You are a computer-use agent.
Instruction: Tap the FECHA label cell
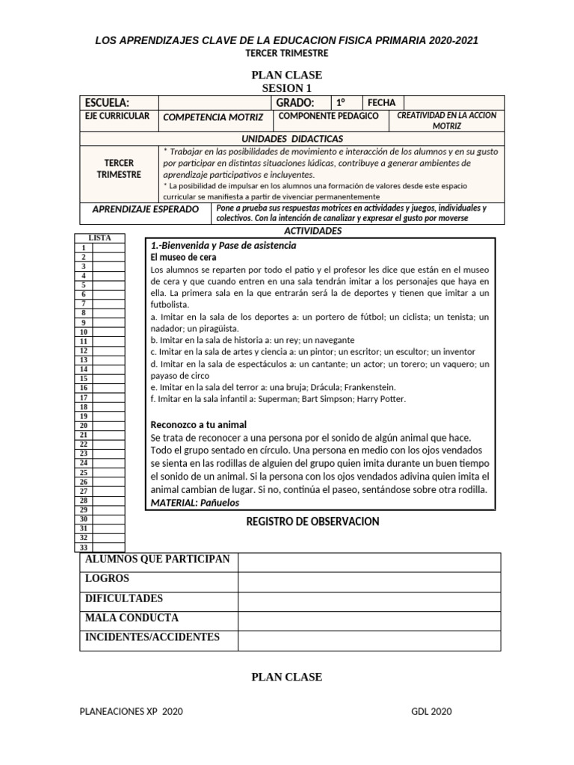tap(381, 102)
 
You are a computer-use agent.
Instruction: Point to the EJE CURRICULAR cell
tap(118, 117)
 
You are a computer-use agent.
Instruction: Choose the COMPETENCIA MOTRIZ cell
tap(213, 117)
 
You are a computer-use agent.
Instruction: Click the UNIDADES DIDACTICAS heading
tap(292, 139)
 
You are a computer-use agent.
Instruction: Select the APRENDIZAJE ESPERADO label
tap(145, 209)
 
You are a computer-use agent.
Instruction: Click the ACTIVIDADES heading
tap(313, 231)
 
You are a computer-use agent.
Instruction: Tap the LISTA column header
tap(99, 238)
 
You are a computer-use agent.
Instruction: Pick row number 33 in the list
tap(84, 548)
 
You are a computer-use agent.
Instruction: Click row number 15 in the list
tap(84, 379)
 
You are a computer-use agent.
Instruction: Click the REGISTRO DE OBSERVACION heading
tap(312, 521)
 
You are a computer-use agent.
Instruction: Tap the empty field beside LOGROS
tap(369, 582)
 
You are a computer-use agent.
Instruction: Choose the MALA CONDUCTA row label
tap(132, 618)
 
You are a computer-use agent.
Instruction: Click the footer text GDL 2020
tap(431, 711)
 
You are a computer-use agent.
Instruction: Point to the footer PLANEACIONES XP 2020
tap(131, 711)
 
